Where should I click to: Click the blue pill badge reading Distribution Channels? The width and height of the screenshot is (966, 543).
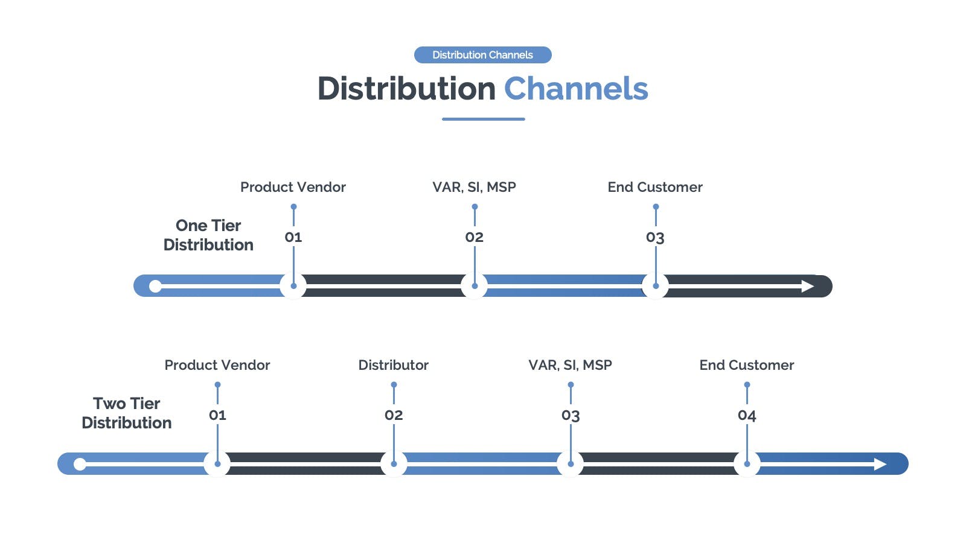click(482, 55)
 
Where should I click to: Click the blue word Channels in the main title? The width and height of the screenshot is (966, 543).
click(576, 88)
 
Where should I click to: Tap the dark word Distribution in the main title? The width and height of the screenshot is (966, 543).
click(407, 88)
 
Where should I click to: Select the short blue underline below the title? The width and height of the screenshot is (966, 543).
click(484, 119)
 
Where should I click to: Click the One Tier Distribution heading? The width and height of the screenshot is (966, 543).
click(208, 235)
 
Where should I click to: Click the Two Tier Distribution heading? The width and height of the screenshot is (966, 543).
click(126, 413)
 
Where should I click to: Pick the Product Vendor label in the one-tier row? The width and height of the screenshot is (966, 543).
click(293, 187)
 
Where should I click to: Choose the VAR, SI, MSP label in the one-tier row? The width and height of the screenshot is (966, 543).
click(475, 187)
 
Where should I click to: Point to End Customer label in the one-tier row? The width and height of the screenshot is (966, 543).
click(655, 187)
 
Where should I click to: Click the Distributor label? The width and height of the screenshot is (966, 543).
click(393, 365)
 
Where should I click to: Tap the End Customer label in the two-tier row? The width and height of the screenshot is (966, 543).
click(746, 365)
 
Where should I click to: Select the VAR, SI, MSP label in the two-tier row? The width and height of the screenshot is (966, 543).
click(570, 365)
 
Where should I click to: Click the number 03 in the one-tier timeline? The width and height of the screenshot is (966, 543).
click(655, 237)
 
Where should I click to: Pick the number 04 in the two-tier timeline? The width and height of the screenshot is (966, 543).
click(747, 415)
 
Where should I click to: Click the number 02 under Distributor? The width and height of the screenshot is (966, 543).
click(394, 415)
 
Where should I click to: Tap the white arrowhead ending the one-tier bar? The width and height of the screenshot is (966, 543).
click(807, 286)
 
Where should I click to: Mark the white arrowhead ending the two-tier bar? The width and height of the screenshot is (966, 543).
click(880, 464)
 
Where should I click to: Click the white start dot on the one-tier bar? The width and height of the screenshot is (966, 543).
click(155, 286)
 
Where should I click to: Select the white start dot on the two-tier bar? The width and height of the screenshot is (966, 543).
click(80, 464)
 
